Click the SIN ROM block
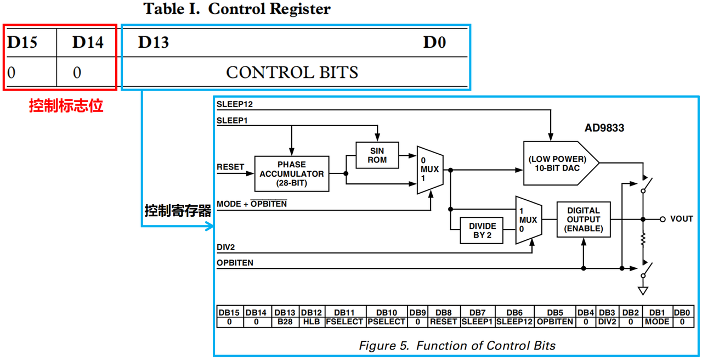377,155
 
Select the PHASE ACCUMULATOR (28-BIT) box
292,174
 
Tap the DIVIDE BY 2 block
482,230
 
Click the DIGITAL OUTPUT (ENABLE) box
584,220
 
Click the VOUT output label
681,219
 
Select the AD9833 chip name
604,128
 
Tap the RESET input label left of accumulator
230,167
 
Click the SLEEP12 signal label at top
235,104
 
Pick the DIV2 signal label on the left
225,247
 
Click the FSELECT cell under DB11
344,322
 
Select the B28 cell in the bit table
285,322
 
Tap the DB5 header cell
555,313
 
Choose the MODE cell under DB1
657,322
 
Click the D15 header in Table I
22,42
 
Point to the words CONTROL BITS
292,72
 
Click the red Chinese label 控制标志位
66,106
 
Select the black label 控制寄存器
178,211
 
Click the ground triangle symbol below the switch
643,291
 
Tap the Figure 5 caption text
457,346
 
